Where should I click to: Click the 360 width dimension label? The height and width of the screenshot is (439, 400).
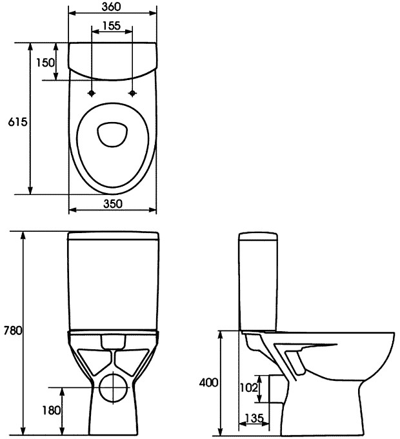[x=113, y=6]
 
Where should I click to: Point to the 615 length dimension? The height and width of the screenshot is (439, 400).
[x=16, y=121]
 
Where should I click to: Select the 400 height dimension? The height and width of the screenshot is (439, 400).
[x=208, y=382]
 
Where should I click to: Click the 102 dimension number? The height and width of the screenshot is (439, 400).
[x=249, y=388]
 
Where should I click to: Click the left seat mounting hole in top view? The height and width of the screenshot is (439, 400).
[x=93, y=93]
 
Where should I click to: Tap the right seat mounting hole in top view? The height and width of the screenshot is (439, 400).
[x=133, y=93]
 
